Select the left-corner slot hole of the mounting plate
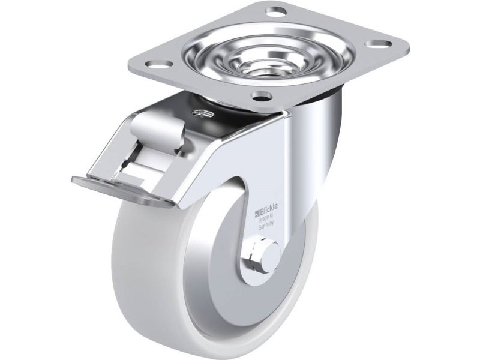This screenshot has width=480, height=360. [159, 64]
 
